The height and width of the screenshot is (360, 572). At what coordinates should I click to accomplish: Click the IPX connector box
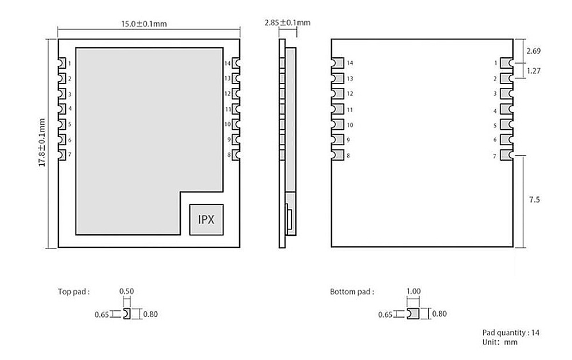pos(206,219)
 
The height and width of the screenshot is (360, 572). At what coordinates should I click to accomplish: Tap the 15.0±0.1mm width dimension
pos(144,24)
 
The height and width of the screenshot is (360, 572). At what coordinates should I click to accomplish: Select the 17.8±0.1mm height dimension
pos(42,143)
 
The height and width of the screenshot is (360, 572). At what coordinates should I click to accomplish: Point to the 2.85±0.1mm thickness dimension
pos(288,23)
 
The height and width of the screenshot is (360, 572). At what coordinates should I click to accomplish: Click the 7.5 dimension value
pos(534,200)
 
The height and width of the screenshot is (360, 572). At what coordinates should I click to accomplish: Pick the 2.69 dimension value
pos(533,51)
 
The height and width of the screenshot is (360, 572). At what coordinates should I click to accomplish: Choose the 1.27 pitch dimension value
pos(533,71)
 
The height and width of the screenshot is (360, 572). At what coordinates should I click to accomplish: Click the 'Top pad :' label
pos(74,292)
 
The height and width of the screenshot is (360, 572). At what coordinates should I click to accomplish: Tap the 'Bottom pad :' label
pos(352,292)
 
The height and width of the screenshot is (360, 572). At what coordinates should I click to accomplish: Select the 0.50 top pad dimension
pos(126,291)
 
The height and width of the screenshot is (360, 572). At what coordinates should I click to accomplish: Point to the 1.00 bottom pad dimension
pos(414,291)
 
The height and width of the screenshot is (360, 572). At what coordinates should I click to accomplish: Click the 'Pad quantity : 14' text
pos(511,333)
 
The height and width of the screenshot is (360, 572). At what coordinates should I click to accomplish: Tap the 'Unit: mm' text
pos(500,342)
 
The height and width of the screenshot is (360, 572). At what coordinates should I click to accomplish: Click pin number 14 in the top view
pos(228,64)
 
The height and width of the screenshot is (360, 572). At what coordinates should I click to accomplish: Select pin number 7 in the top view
pos(70,155)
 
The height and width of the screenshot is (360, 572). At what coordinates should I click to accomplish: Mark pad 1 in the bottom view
pos(506,63)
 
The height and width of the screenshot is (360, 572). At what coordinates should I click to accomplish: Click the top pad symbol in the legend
pos(127,314)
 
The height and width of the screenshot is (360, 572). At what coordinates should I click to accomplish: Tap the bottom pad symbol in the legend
pos(413,314)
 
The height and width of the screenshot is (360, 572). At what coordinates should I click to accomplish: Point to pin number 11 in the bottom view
pos(350,109)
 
